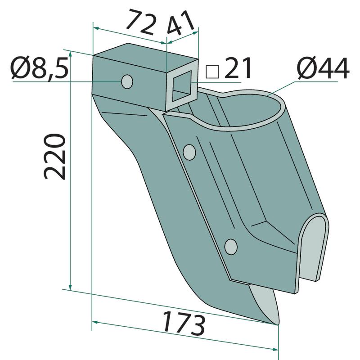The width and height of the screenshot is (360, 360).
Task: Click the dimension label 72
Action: (140, 22)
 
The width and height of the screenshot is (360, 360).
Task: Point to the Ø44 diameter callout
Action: (323, 68)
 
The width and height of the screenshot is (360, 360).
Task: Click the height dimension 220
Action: (54, 156)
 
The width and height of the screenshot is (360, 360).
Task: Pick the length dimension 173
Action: (184, 323)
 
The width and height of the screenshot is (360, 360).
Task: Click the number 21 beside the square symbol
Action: (238, 68)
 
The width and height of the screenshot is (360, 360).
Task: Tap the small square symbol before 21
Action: (212, 72)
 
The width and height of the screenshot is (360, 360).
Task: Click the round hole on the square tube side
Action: (127, 81)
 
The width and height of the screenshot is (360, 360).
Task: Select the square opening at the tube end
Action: (182, 86)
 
